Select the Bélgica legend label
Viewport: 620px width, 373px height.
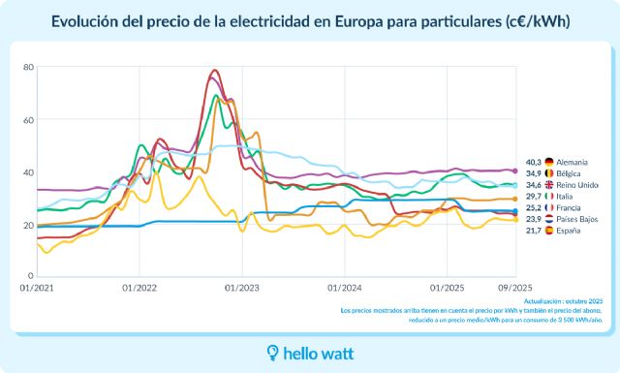pyautogui.click(x=572, y=172)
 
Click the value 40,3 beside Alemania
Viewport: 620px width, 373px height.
pyautogui.click(x=533, y=162)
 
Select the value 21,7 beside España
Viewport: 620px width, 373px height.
pyautogui.click(x=533, y=231)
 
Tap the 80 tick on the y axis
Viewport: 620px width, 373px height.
pyautogui.click(x=28, y=67)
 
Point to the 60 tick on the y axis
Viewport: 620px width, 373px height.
pyautogui.click(x=28, y=120)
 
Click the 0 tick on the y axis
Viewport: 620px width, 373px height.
pyautogui.click(x=30, y=278)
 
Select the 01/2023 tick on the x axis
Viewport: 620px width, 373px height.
pyautogui.click(x=242, y=289)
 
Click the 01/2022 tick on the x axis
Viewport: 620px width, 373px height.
pyautogui.click(x=139, y=289)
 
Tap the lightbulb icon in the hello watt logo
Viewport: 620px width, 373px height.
pyautogui.click(x=274, y=353)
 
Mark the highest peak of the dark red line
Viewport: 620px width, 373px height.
pyautogui.click(x=214, y=70)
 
